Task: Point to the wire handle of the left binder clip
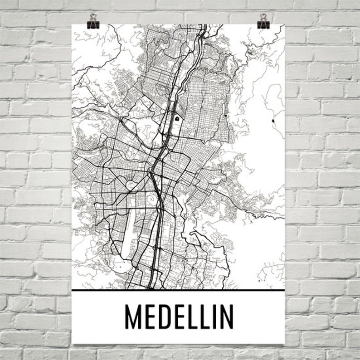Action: coord(93,17)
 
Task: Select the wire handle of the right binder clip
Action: coord(263,17)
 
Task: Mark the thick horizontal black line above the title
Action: coord(178,289)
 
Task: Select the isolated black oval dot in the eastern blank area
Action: coord(273,121)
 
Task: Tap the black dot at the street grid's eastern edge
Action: coord(225,116)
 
